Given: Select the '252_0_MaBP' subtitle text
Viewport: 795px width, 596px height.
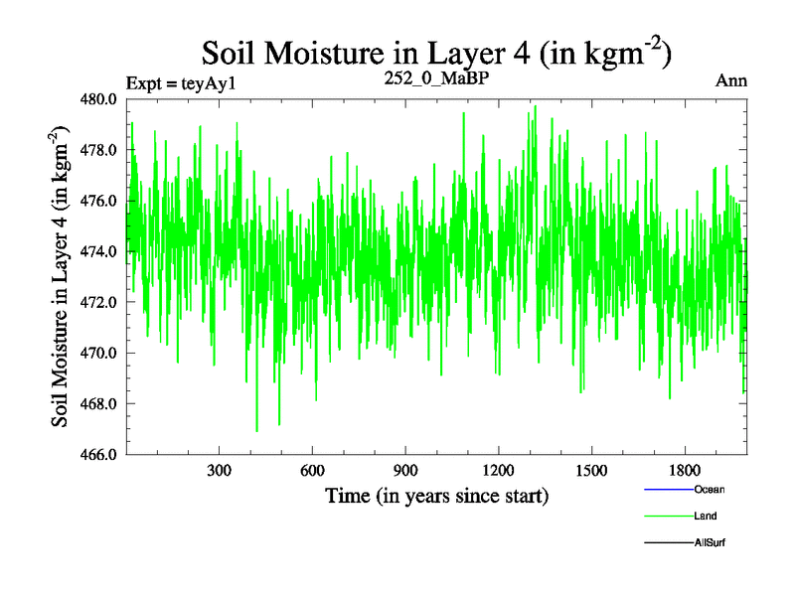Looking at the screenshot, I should [x=437, y=78].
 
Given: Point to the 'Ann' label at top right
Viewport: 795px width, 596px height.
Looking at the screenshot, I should [x=731, y=80].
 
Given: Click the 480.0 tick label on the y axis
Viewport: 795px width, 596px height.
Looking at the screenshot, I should [x=100, y=99].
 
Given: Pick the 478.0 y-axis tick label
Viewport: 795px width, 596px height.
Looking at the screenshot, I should [x=100, y=150].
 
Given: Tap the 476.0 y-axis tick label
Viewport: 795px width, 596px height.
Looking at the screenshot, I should [x=100, y=201].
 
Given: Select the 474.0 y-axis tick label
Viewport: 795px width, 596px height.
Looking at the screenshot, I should [x=100, y=251].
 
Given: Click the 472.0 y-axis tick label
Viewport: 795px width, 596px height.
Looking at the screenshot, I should [x=100, y=302].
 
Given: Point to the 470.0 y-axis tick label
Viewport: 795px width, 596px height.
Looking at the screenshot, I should [x=100, y=353].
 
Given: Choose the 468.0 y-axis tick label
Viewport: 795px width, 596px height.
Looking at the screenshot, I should [x=100, y=403].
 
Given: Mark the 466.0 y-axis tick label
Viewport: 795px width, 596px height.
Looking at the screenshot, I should [x=100, y=454].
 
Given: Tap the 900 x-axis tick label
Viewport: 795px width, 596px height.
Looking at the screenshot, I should [x=404, y=470].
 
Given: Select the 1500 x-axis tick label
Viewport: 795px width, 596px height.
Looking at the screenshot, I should [x=590, y=470].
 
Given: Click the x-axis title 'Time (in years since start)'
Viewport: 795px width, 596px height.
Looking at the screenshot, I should [x=436, y=494].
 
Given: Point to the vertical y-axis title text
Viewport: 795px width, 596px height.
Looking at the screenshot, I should [x=63, y=276].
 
